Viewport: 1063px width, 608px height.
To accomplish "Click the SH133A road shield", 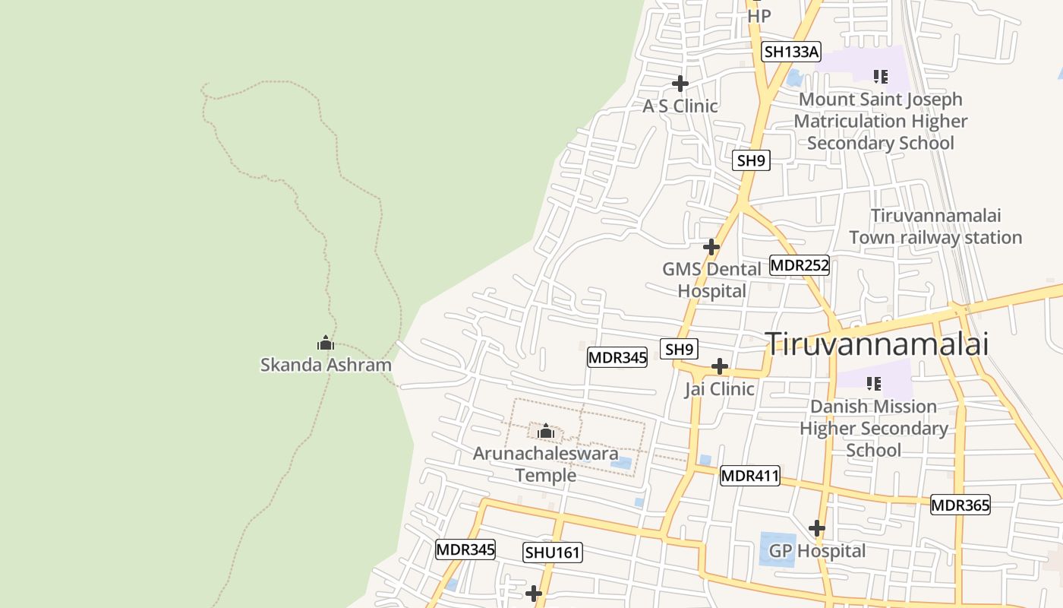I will [x=792, y=52].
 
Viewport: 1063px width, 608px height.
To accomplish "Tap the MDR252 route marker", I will [x=800, y=265].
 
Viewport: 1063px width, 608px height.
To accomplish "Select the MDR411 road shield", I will [x=750, y=476].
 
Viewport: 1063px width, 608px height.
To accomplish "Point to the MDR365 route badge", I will [x=960, y=505].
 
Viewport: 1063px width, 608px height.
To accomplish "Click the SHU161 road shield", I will [x=553, y=553].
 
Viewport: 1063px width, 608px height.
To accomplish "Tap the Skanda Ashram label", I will [x=326, y=365].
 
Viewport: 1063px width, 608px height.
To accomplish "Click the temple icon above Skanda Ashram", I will [x=326, y=344].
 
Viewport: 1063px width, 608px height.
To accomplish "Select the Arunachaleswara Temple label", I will [x=545, y=464].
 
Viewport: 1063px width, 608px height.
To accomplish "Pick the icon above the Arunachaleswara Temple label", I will [x=545, y=432].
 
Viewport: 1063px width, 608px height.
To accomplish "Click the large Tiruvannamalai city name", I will [x=877, y=344].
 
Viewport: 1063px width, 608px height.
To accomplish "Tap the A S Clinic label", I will [x=680, y=106].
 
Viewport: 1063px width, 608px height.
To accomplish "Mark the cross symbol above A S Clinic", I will [x=680, y=83].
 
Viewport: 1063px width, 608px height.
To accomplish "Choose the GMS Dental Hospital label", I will [x=711, y=280].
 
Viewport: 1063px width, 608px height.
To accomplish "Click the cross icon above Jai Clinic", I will [x=719, y=367].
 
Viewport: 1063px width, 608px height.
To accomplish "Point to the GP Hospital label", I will [x=817, y=551].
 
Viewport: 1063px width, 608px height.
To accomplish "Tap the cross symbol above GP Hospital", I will [x=817, y=527].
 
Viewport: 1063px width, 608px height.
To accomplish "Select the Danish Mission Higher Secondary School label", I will [x=873, y=428].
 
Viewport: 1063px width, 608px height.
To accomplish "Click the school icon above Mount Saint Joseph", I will [x=881, y=76].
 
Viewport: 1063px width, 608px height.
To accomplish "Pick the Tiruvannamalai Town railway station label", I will [x=935, y=226].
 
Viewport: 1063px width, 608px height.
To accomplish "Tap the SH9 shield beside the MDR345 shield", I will [x=679, y=349].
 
